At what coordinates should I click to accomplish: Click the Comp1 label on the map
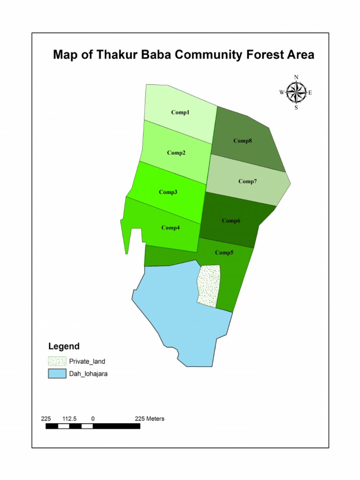[x=180, y=112]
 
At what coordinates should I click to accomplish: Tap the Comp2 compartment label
[x=176, y=153]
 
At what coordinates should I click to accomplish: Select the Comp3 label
[x=168, y=192]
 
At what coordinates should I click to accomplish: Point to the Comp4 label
[x=171, y=228]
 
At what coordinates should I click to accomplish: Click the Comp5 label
[x=224, y=253]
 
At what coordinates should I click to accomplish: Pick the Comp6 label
[x=231, y=221]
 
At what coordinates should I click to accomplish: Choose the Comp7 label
[x=247, y=181]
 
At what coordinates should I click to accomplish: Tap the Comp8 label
[x=243, y=141]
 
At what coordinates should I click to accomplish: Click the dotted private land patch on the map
[x=209, y=286]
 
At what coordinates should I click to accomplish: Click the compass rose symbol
[x=296, y=92]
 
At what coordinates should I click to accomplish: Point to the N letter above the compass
[x=296, y=77]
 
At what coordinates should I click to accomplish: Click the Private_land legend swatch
[x=56, y=361]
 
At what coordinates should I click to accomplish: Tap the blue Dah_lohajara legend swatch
[x=56, y=374]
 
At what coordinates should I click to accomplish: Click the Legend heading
[x=64, y=347]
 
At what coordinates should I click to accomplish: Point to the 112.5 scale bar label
[x=69, y=419]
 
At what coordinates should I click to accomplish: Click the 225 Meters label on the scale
[x=150, y=419]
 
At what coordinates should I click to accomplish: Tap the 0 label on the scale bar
[x=93, y=419]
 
